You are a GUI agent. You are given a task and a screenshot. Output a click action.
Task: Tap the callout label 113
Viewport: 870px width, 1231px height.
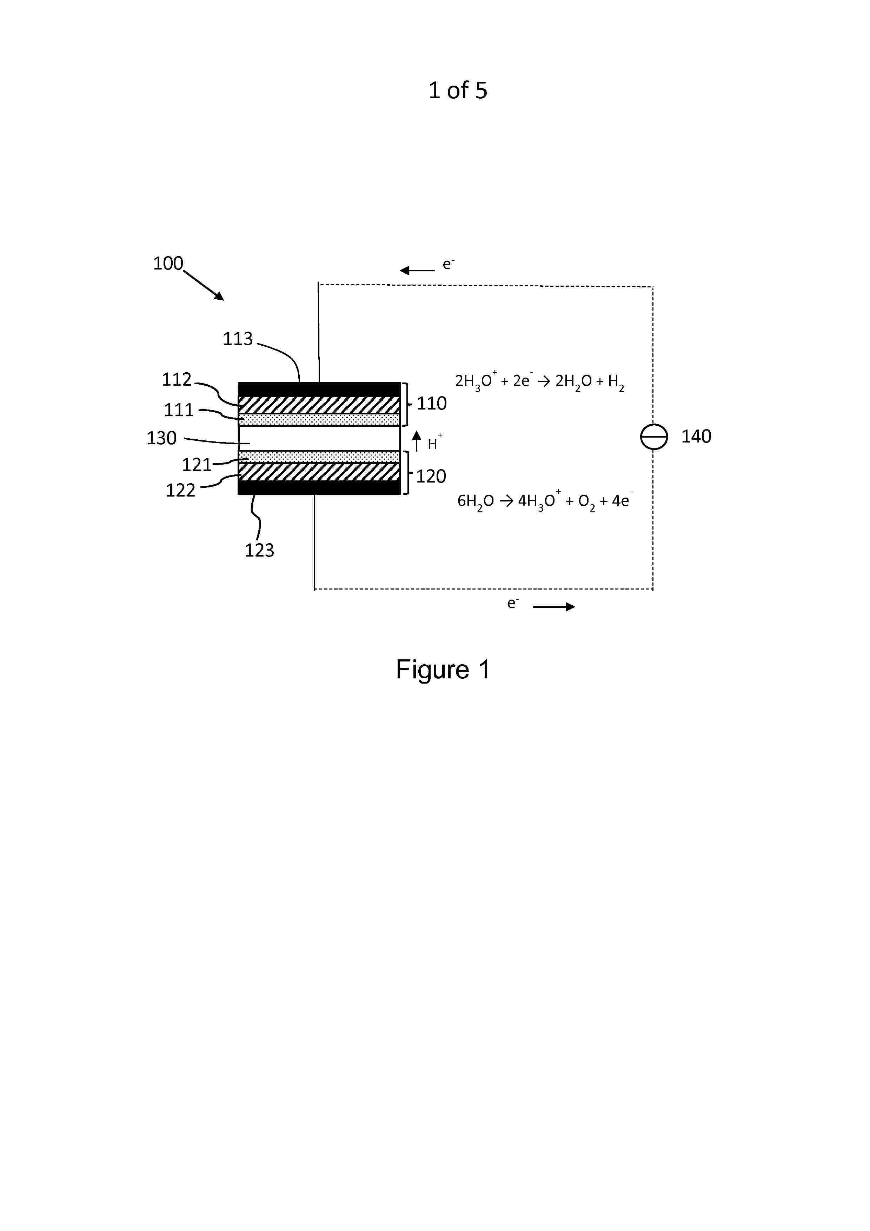point(238,339)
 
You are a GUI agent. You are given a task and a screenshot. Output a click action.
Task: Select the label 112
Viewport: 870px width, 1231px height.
point(177,380)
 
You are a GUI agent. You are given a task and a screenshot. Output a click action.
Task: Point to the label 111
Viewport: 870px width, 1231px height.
point(179,410)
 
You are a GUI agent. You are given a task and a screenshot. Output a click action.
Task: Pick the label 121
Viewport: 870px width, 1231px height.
point(197,465)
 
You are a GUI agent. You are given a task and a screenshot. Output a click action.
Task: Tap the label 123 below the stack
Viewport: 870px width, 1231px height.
point(259,551)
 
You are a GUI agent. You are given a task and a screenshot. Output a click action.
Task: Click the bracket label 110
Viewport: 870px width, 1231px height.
point(432,404)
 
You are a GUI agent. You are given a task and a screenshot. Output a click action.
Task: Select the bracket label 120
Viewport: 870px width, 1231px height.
point(431,477)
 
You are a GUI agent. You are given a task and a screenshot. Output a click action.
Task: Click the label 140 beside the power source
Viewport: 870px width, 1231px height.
point(696,437)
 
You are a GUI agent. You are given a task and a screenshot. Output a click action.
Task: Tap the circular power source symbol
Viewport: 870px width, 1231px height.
point(654,437)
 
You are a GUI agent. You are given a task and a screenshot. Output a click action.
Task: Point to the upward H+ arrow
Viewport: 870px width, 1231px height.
point(417,441)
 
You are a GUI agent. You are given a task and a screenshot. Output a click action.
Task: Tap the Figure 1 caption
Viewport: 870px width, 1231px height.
point(443,670)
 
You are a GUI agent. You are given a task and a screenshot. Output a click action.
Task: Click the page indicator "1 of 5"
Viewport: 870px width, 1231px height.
point(458,91)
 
